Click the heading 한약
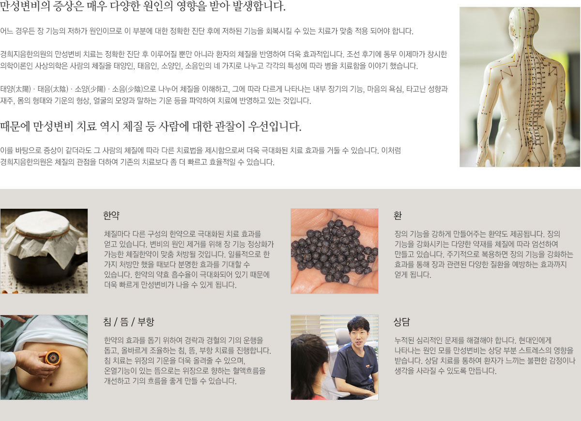pos(111,216)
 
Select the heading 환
pos(398,216)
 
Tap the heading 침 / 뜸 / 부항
pos(129,322)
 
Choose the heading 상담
pos(402,322)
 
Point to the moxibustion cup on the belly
pos(53,358)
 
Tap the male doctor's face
pos(359,334)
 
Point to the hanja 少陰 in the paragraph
pos(134,89)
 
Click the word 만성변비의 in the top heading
pos(25,6)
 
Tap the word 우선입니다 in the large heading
pos(275,127)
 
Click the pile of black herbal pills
pos(335,251)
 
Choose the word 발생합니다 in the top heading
pos(259,6)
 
